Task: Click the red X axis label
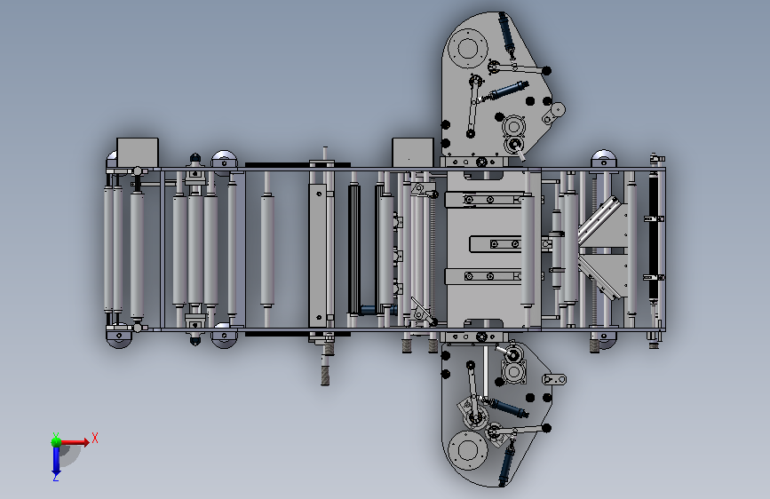click(95, 438)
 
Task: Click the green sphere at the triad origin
click(57, 442)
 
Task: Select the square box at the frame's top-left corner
click(138, 153)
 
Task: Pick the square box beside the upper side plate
click(412, 153)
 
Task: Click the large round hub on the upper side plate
click(467, 48)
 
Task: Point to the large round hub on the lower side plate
click(467, 449)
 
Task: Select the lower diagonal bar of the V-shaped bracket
click(600, 278)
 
